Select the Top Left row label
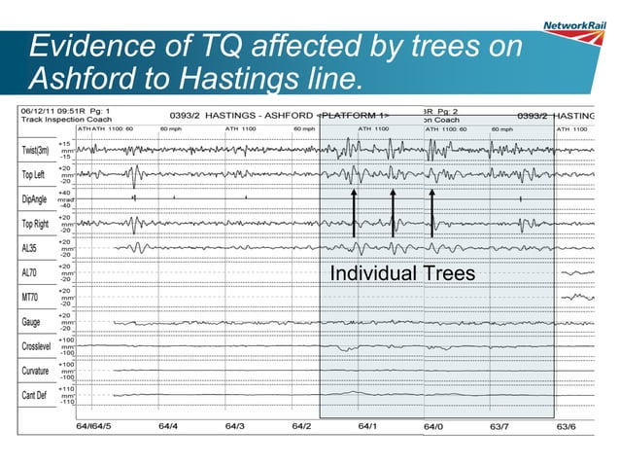coord(38,175)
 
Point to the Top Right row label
coord(40,224)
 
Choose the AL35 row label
coord(32,248)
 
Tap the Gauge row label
coord(32,321)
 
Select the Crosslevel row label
coord(41,345)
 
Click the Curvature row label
coord(39,371)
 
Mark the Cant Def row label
coord(38,395)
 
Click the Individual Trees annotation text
coord(402,274)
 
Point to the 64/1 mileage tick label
coord(367,426)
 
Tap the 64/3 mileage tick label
coord(234,426)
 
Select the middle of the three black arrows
coord(393,213)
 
